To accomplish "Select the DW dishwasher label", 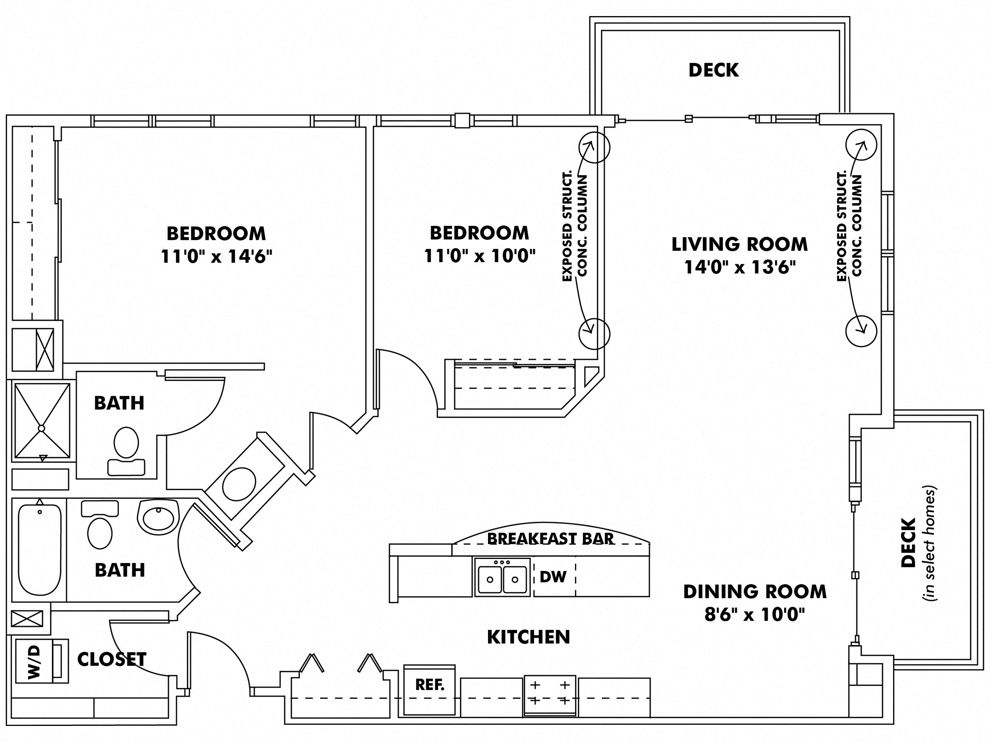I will [x=553, y=577].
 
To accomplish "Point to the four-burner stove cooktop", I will [x=549, y=693].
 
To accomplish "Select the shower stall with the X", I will [x=42, y=420].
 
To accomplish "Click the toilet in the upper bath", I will [x=126, y=449].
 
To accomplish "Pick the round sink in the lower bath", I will [x=158, y=517].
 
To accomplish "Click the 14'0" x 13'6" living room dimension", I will [x=740, y=268].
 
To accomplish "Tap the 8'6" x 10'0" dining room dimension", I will [x=754, y=615].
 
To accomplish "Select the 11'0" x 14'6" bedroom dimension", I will [x=216, y=257].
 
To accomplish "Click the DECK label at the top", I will [x=713, y=70].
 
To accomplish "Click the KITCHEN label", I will [x=528, y=637].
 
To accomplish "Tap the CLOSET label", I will [x=111, y=659].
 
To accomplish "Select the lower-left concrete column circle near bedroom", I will [x=594, y=333].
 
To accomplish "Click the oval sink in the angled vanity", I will [x=239, y=484].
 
